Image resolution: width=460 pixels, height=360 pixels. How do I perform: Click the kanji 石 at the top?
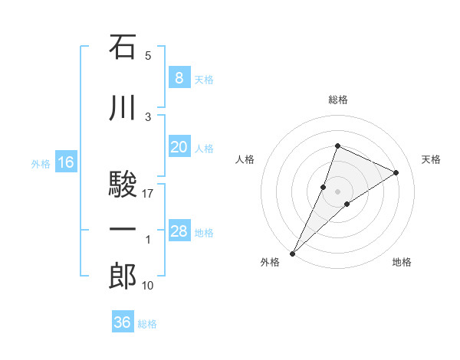[x=123, y=47]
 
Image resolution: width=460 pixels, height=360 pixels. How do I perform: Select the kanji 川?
[x=123, y=109]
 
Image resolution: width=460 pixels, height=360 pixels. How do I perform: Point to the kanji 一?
[x=123, y=231]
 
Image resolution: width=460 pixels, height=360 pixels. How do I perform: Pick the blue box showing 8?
[x=179, y=78]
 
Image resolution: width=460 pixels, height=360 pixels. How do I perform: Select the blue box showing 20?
[x=179, y=148]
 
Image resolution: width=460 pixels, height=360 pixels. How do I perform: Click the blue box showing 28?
[x=179, y=232]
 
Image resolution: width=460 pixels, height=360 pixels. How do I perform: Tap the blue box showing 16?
[x=66, y=162]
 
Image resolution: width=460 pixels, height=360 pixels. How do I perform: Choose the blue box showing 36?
[x=123, y=322]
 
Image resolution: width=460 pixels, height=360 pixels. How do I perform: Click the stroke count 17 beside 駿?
[x=148, y=194]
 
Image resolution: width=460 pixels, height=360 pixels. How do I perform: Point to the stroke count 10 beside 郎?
[x=148, y=286]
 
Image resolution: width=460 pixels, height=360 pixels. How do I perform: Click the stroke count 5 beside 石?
[x=148, y=56]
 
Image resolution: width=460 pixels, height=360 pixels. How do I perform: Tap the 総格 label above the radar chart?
[x=338, y=100]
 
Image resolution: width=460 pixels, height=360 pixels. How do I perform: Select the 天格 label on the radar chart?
[x=432, y=159]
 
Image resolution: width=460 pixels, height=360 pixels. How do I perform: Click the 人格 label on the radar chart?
[x=245, y=159]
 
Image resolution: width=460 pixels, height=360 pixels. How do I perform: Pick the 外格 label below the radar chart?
[x=270, y=262]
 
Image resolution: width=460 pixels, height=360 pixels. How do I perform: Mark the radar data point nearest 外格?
[x=292, y=253]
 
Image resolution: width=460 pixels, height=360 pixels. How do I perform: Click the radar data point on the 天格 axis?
[x=396, y=172]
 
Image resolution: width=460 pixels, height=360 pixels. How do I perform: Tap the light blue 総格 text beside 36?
[x=147, y=324]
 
